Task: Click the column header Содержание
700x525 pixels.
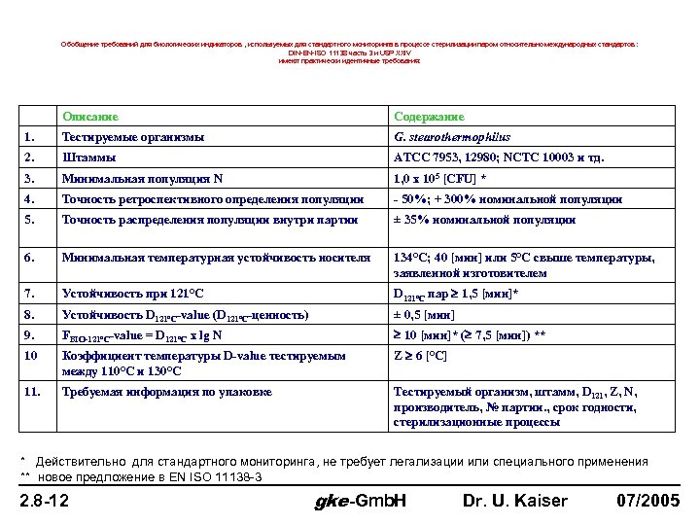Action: point(428,117)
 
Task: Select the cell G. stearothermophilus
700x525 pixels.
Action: point(452,137)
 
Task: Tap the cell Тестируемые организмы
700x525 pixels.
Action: point(133,137)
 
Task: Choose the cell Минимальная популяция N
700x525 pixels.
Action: point(142,179)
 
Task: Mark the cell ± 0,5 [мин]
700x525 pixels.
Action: point(429,315)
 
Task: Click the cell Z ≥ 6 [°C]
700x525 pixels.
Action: point(420,357)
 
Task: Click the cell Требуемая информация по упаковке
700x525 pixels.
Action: point(167,392)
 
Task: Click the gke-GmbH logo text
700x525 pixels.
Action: point(361,503)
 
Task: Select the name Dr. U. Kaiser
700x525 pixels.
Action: point(514,503)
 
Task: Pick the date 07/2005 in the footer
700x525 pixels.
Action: point(648,503)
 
